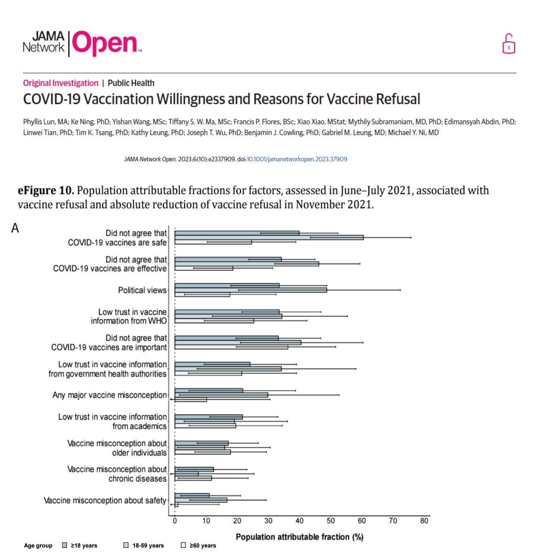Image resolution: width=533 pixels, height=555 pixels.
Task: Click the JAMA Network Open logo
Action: click(x=82, y=43)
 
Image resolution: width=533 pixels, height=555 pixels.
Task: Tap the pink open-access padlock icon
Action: click(x=508, y=44)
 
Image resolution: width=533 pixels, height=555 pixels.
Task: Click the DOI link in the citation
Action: click(x=297, y=159)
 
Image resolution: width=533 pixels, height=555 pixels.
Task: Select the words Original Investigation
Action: click(x=61, y=83)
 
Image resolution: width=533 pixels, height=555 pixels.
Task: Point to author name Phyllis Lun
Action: click(x=39, y=122)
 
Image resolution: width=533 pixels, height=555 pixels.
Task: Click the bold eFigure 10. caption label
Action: click(x=46, y=191)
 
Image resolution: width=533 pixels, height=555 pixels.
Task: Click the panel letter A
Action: click(x=15, y=228)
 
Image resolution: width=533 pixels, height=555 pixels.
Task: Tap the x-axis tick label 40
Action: click(x=299, y=521)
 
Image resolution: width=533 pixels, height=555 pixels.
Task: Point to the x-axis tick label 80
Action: click(x=424, y=521)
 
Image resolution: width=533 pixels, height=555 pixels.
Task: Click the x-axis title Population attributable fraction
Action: click(x=299, y=537)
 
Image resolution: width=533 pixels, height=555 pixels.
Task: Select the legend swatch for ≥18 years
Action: click(x=65, y=545)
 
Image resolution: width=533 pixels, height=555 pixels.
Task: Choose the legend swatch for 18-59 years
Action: click(x=126, y=545)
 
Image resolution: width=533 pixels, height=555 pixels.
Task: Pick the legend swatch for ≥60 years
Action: click(x=183, y=545)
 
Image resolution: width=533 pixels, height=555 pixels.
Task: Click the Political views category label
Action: click(x=142, y=290)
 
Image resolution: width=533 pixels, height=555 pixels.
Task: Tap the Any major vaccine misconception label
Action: click(x=109, y=395)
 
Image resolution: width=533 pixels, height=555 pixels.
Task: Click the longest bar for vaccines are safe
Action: click(x=269, y=237)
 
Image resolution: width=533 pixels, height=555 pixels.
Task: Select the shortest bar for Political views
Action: click(x=202, y=295)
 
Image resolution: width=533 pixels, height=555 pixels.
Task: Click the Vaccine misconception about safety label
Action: click(x=105, y=500)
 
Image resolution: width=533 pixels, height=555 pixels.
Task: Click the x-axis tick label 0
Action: click(x=175, y=521)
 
